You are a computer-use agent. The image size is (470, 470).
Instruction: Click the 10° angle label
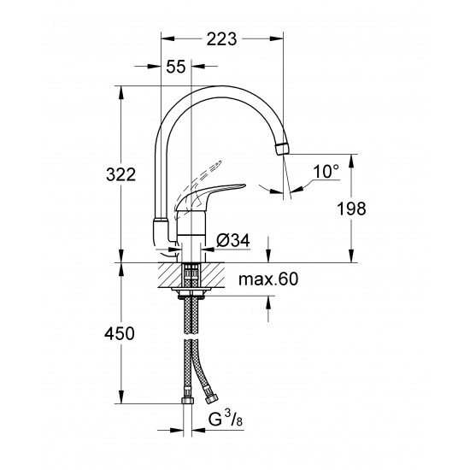(x=325, y=172)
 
